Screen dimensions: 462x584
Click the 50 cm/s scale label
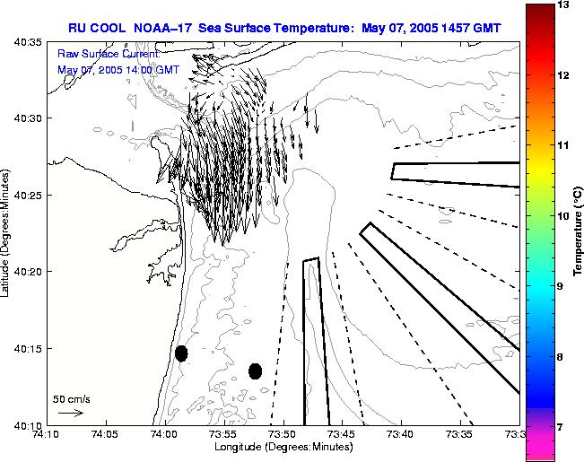point(72,398)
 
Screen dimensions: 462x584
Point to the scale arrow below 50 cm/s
point(70,413)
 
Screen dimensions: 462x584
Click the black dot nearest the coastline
point(181,353)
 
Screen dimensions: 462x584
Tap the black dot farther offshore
point(255,370)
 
